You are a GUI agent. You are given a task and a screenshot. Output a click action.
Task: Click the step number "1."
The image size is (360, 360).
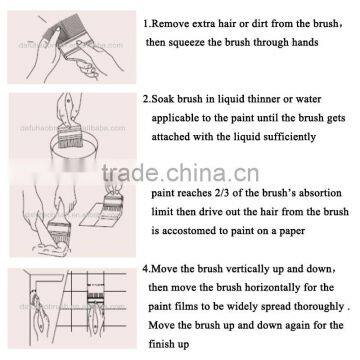[x=145, y=21]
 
